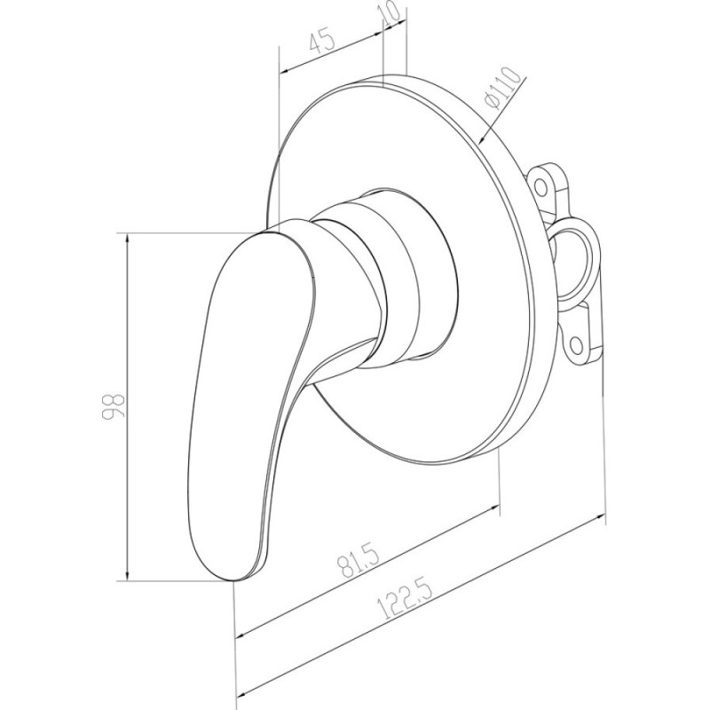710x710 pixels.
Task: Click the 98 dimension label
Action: tap(114, 407)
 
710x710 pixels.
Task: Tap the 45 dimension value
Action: tap(322, 41)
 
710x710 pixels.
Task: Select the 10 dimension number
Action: tap(391, 13)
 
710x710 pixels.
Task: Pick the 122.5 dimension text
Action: tap(406, 596)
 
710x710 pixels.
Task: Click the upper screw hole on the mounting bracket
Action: tap(540, 185)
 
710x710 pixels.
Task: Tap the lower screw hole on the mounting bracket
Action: tap(576, 345)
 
